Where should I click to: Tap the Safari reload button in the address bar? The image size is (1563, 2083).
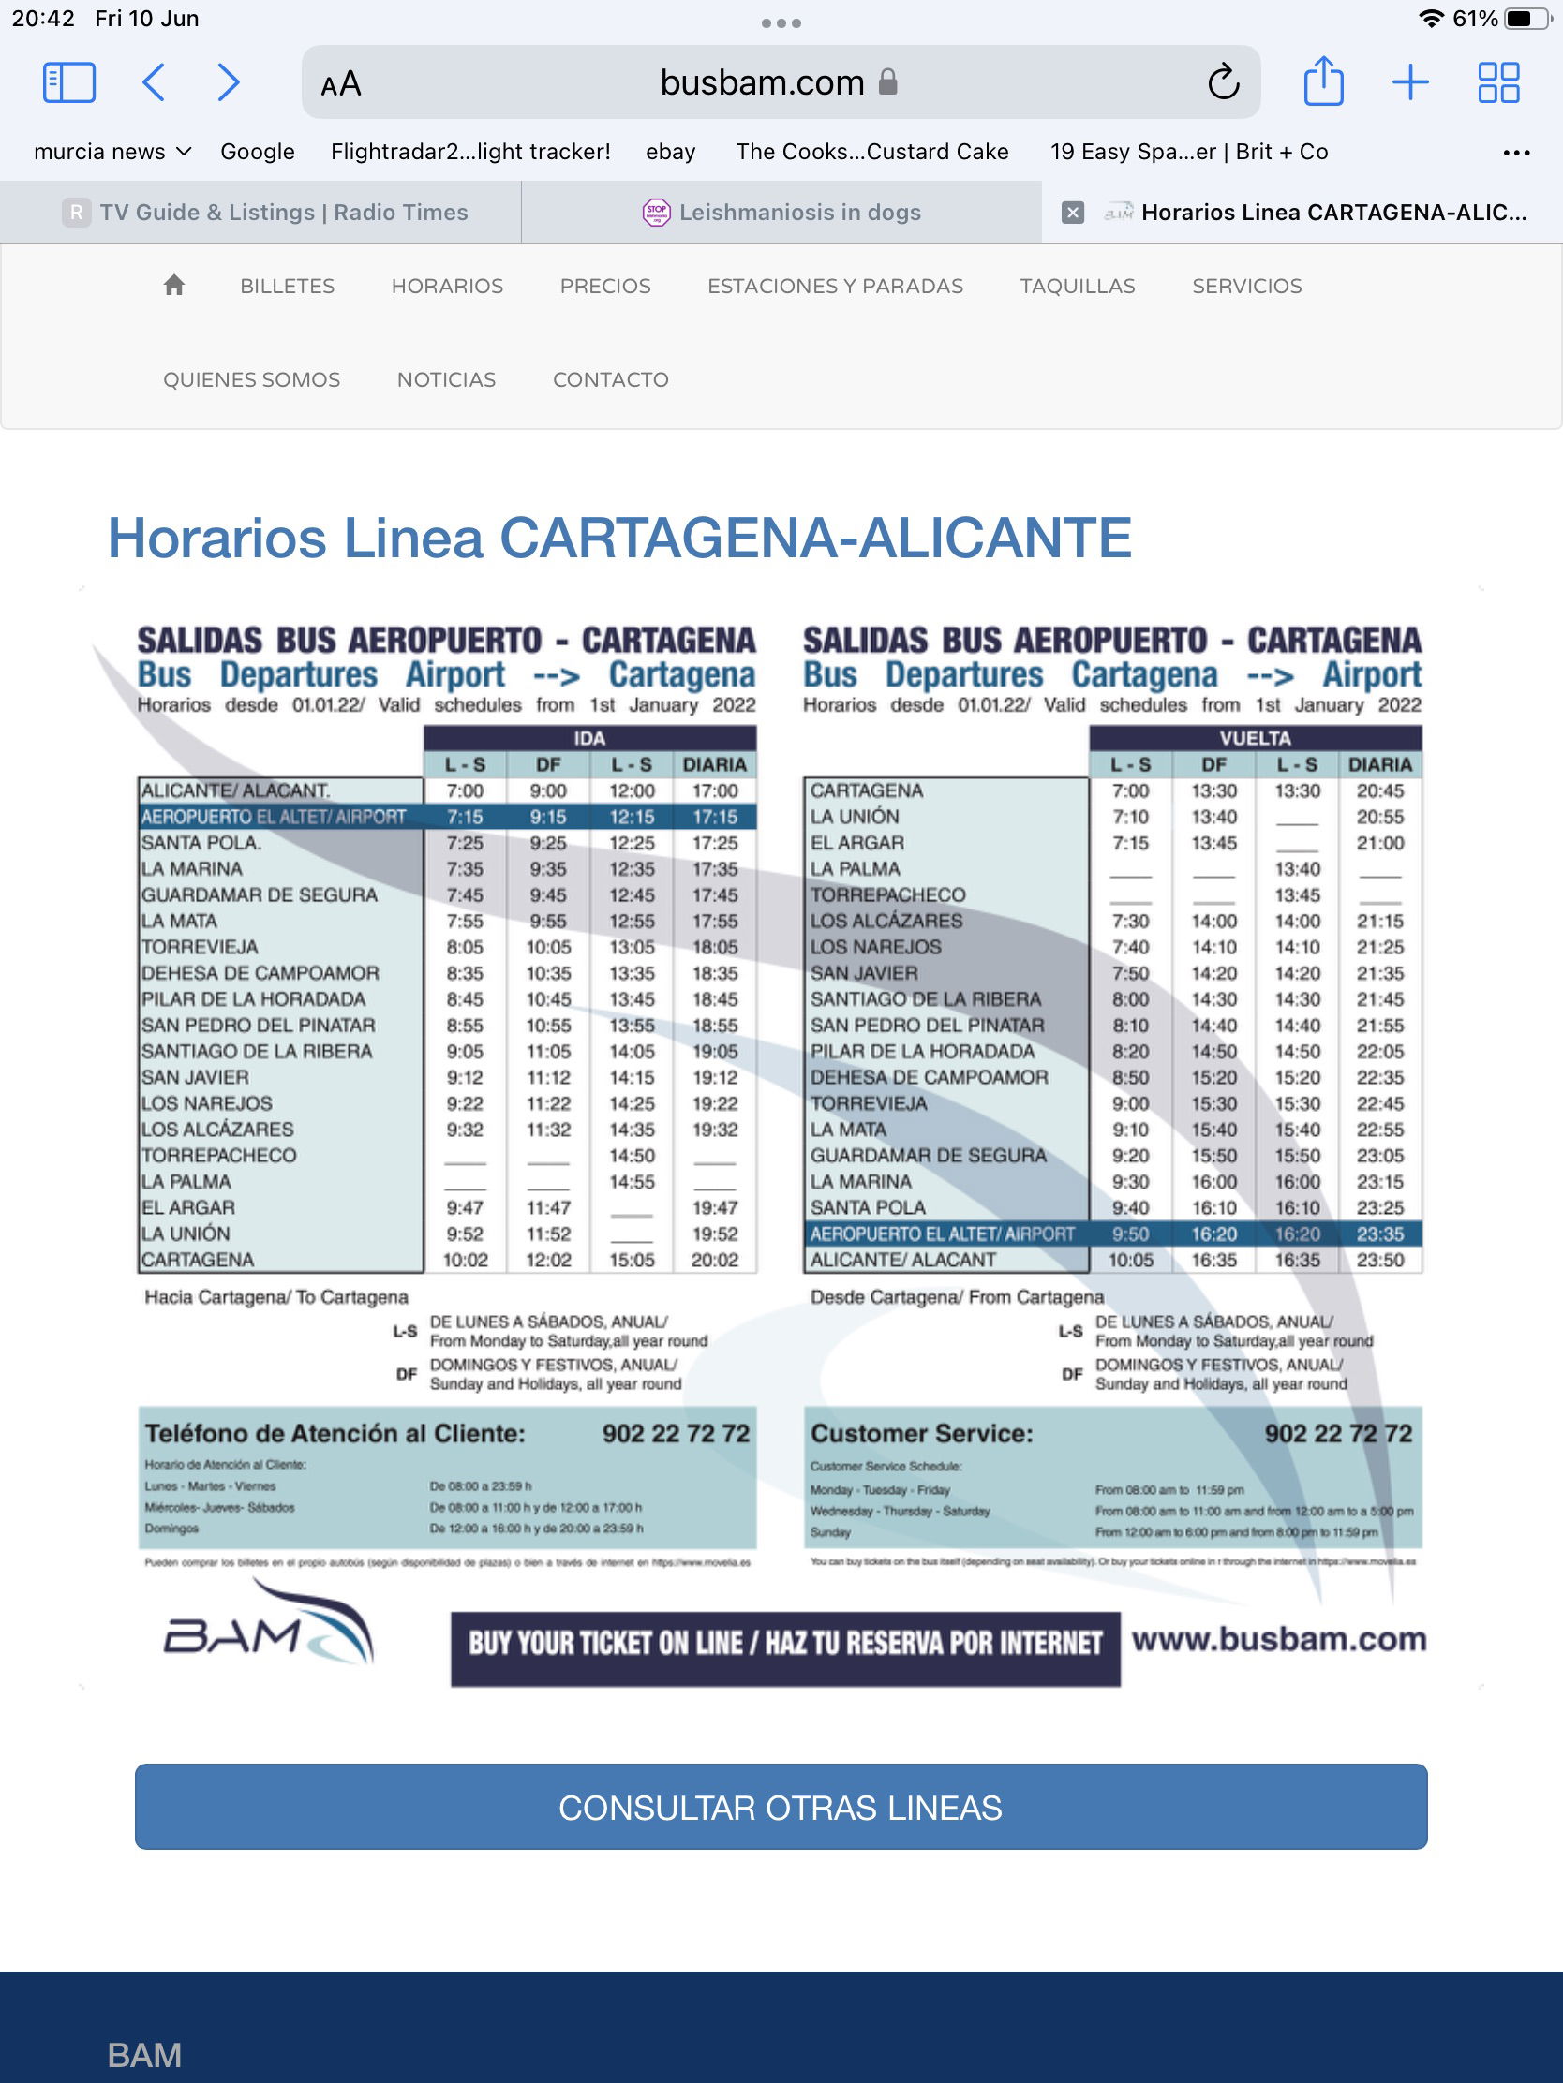[x=1223, y=82]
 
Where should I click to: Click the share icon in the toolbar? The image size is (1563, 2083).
[x=1323, y=81]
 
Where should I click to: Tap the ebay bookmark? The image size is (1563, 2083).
[x=670, y=152]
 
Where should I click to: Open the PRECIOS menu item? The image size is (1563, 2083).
[x=604, y=287]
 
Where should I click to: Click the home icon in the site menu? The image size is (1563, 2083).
[x=174, y=286]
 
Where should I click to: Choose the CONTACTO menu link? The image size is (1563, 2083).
[x=611, y=379]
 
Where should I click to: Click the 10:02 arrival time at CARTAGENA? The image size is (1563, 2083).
[x=466, y=1260]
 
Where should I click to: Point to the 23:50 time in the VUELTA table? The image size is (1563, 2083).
[x=1379, y=1260]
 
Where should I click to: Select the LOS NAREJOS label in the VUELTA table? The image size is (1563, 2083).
[x=876, y=947]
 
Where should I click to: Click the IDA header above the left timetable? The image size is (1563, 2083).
[x=588, y=738]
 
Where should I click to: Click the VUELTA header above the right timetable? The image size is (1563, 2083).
[x=1255, y=738]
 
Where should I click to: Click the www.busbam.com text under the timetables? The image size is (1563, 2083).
[x=1278, y=1639]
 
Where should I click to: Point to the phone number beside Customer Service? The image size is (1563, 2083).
[x=1338, y=1433]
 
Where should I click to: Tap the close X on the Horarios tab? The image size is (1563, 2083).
[x=1072, y=213]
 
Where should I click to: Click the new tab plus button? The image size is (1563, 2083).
[x=1409, y=81]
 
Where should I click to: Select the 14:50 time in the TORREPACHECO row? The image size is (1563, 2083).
[x=632, y=1156]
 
